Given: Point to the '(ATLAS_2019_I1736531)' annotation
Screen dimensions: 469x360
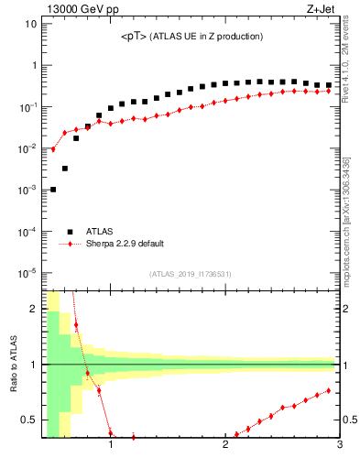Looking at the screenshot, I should [x=191, y=274].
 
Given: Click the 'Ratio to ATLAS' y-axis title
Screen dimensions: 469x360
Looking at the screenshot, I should [x=13, y=364].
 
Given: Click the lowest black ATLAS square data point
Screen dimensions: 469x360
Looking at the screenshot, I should [x=53, y=190].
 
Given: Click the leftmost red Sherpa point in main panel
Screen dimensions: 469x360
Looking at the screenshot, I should [x=53, y=148].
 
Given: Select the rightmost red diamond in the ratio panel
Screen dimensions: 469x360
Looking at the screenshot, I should [x=328, y=390].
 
